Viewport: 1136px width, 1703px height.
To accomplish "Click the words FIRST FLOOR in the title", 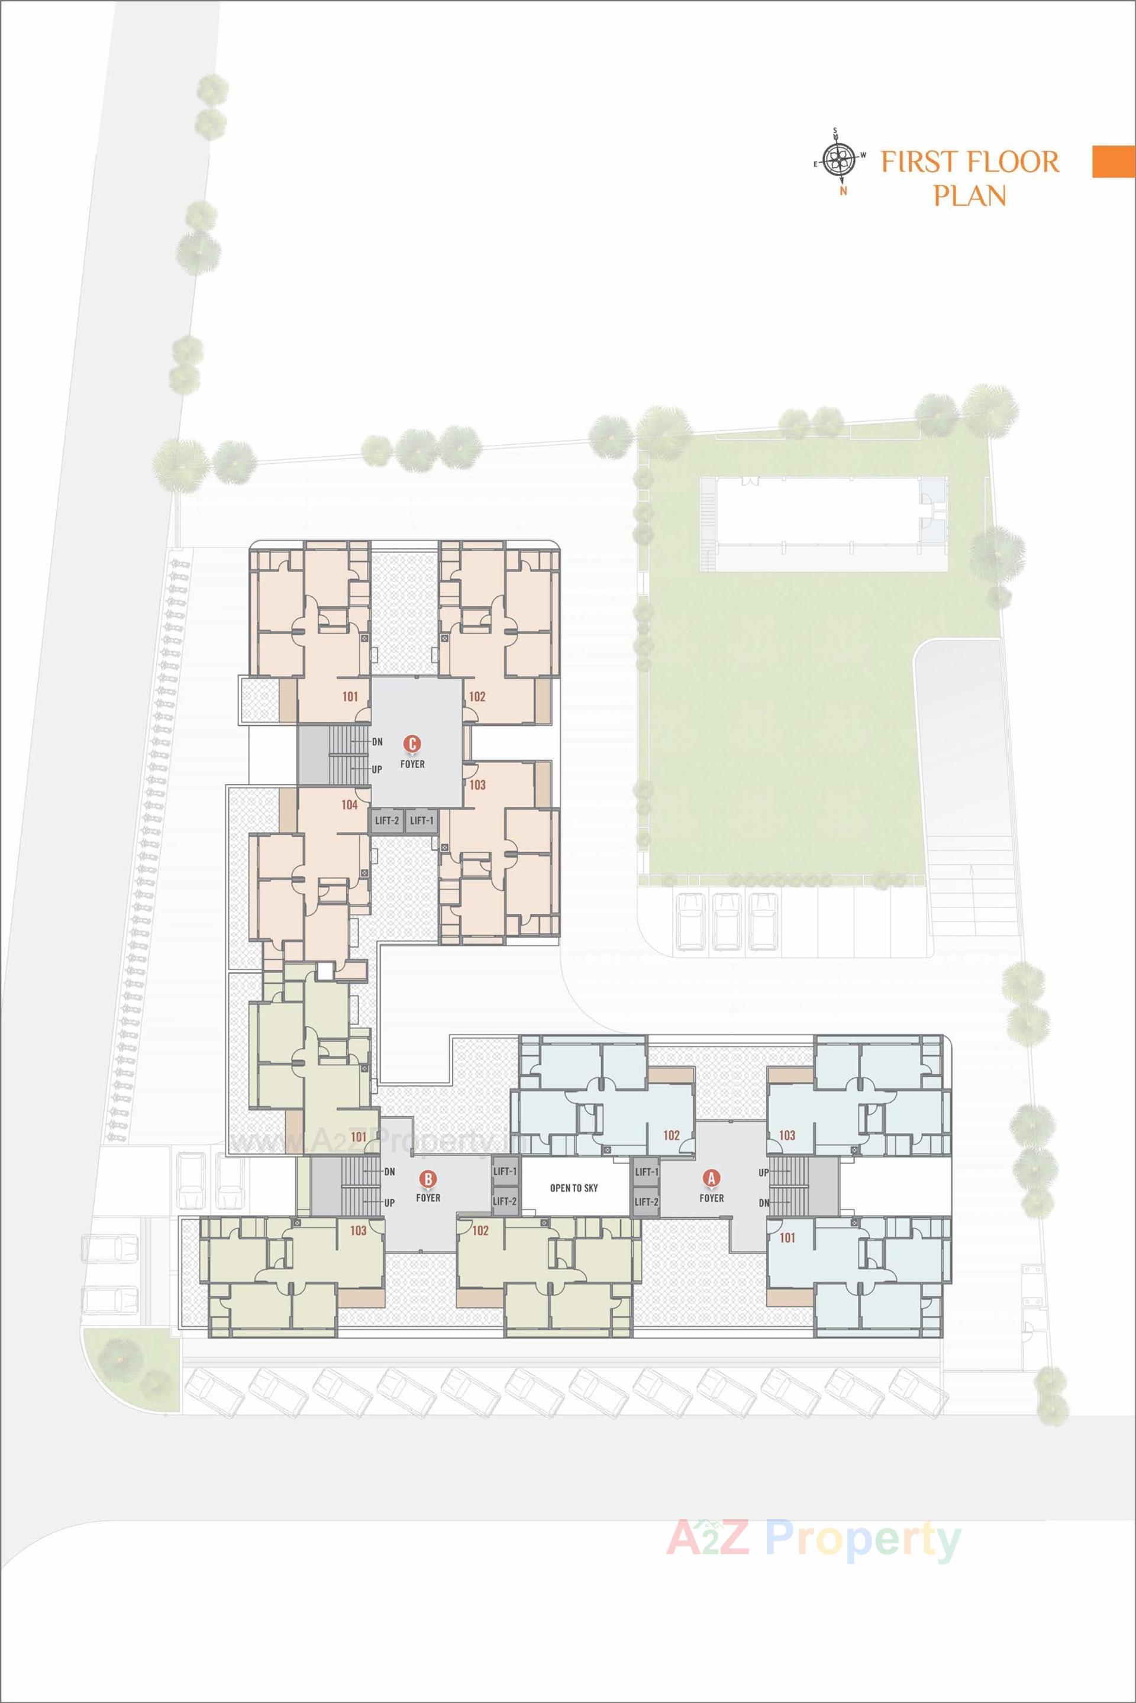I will pos(969,161).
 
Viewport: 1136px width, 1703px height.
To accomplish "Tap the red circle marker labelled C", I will pos(412,743).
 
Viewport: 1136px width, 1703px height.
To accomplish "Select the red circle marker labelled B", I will pos(428,1180).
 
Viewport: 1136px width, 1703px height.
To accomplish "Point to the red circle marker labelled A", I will pos(711,1178).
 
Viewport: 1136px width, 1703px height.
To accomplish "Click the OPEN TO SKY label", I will pos(574,1188).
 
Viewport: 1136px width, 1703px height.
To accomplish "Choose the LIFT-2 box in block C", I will pos(386,820).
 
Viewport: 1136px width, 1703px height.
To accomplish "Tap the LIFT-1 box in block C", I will pos(421,820).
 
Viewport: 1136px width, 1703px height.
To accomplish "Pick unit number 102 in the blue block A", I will pos(671,1135).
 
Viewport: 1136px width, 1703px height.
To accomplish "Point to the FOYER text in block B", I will pos(428,1197).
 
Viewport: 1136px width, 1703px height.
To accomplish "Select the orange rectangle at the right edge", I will pos(1114,161).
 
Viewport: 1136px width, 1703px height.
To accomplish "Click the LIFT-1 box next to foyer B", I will pos(504,1171).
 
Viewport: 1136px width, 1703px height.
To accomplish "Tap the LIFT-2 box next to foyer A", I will pos(646,1202).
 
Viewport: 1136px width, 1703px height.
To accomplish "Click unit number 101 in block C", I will pos(350,697).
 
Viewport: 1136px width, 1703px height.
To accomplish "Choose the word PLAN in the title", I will pos(969,196).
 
